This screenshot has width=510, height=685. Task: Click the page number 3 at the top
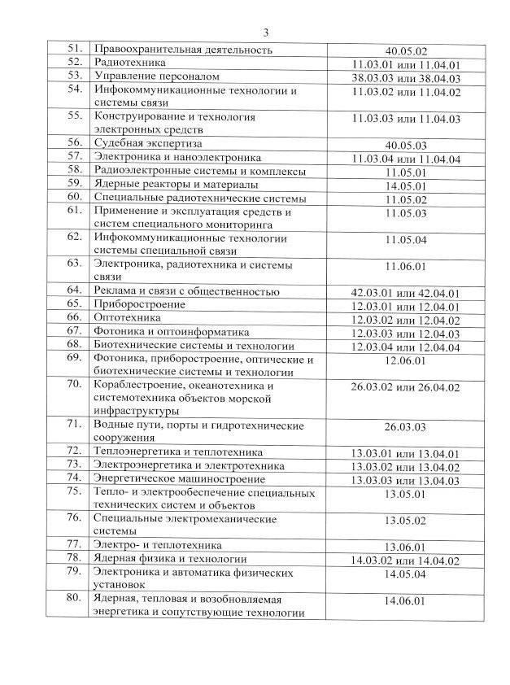tap(266, 33)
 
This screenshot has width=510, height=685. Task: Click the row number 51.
tap(75, 50)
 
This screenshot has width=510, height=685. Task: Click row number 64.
tap(75, 291)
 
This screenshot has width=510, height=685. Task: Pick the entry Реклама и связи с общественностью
tap(187, 291)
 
